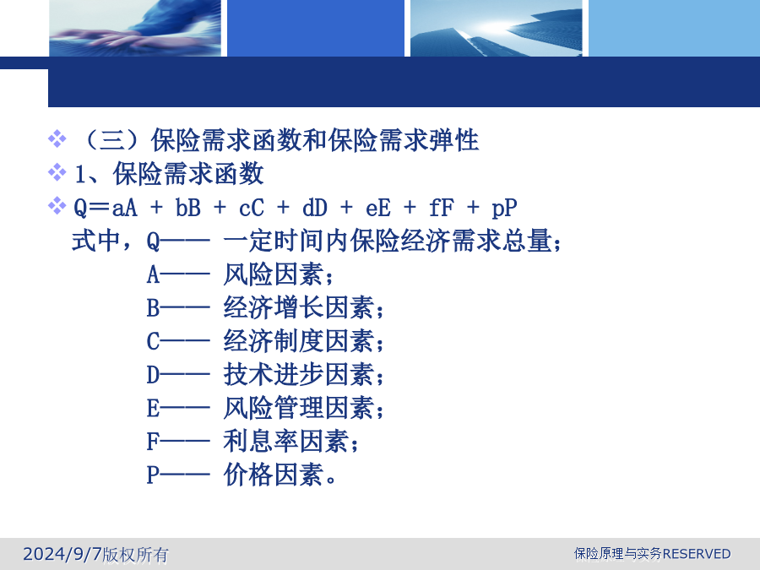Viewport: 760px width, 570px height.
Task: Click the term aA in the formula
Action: tap(125, 209)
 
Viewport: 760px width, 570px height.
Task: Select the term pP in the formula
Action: tap(504, 209)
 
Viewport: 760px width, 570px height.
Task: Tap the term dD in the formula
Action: tap(315, 209)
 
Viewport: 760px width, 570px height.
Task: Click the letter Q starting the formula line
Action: tap(80, 209)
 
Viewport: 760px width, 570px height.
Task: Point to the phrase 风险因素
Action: tap(274, 274)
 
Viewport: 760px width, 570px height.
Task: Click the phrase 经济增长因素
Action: tap(299, 307)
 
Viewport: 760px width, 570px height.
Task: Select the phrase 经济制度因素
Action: tap(299, 341)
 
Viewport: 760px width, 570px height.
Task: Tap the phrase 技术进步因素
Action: tap(299, 374)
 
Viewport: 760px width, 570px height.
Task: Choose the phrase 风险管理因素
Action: tap(299, 408)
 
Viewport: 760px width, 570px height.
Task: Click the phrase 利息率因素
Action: tap(286, 441)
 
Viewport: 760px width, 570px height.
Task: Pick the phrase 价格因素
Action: tap(274, 475)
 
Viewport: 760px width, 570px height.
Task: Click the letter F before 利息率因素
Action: tap(153, 442)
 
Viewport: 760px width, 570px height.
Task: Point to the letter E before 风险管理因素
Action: tap(153, 408)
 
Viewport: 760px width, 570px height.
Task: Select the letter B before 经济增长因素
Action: tap(153, 307)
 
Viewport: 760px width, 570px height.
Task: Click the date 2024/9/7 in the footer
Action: tap(62, 553)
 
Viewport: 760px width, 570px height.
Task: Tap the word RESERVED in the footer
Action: tap(697, 553)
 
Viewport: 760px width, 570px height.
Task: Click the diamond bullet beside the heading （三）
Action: tap(57, 138)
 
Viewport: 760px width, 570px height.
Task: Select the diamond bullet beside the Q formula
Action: tap(57, 205)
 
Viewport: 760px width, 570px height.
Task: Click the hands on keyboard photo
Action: tap(135, 28)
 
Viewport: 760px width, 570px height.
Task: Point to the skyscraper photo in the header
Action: tap(497, 28)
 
